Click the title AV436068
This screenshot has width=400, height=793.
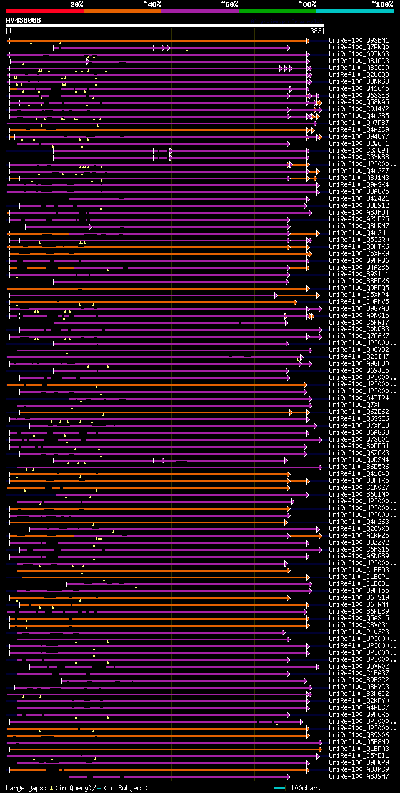click(x=24, y=21)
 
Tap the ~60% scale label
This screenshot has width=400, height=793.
click(x=229, y=4)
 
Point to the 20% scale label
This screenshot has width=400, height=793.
click(x=76, y=4)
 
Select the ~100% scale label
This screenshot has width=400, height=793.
click(x=382, y=4)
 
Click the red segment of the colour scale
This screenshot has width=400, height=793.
click(x=44, y=11)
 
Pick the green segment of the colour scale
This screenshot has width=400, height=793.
click(x=277, y=11)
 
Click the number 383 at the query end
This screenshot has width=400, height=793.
click(x=316, y=31)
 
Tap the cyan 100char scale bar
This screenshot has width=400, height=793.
click(x=280, y=788)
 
